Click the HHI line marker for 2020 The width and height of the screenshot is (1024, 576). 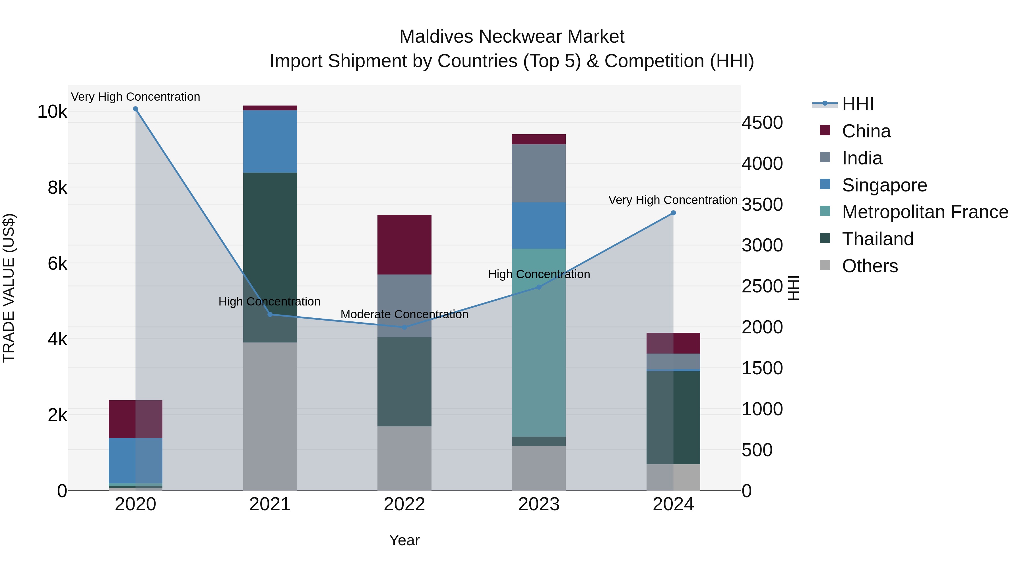coord(136,109)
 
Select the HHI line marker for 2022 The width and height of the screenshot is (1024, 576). coord(404,327)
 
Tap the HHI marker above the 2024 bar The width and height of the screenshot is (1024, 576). coord(673,213)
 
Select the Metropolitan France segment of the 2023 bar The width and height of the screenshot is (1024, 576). coord(539,342)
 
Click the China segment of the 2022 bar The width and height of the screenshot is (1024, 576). coord(404,244)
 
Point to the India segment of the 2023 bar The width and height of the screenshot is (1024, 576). coord(539,173)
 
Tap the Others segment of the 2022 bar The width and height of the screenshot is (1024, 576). coord(404,458)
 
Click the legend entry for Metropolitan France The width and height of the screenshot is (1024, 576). coord(925,212)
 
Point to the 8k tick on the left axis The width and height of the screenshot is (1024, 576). coord(57,188)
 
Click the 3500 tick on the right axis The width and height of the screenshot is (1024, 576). coord(762,205)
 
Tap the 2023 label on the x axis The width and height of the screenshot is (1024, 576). coord(539,504)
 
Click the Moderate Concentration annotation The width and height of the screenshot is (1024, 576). coord(404,314)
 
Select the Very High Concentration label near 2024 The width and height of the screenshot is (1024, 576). coord(673,200)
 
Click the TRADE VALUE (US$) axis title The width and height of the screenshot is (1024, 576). coord(9,288)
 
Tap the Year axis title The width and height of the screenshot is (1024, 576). coord(404,540)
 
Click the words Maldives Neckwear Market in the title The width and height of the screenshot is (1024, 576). coord(512,37)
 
